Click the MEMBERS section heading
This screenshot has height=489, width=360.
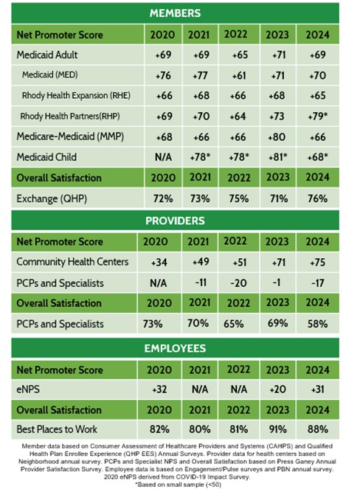click(x=175, y=13)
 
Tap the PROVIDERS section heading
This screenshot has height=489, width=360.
click(x=175, y=221)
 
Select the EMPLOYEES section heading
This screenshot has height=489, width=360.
click(x=175, y=348)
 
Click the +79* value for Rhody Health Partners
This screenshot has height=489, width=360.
click(x=317, y=117)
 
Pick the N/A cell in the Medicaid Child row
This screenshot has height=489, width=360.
click(x=163, y=157)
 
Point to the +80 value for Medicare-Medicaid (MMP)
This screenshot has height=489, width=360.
click(x=277, y=137)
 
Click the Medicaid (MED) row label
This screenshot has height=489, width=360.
click(x=50, y=74)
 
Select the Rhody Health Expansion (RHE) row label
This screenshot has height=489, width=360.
click(x=76, y=95)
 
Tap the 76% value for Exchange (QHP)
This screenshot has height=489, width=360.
click(x=317, y=198)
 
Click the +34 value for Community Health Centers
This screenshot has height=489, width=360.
click(x=159, y=263)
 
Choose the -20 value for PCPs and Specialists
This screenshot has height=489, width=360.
click(x=238, y=283)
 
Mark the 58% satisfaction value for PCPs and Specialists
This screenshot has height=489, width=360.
click(x=317, y=324)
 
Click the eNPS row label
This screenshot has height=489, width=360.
click(x=28, y=389)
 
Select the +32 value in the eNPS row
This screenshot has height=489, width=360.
click(x=159, y=389)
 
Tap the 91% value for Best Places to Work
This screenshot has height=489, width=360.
click(x=277, y=429)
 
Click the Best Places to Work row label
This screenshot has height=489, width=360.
click(x=57, y=429)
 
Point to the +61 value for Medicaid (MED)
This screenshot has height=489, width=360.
click(x=239, y=75)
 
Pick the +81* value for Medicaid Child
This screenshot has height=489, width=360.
click(x=277, y=157)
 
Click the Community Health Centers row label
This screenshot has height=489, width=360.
click(x=72, y=262)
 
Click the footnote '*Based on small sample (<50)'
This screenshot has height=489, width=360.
click(x=178, y=485)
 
